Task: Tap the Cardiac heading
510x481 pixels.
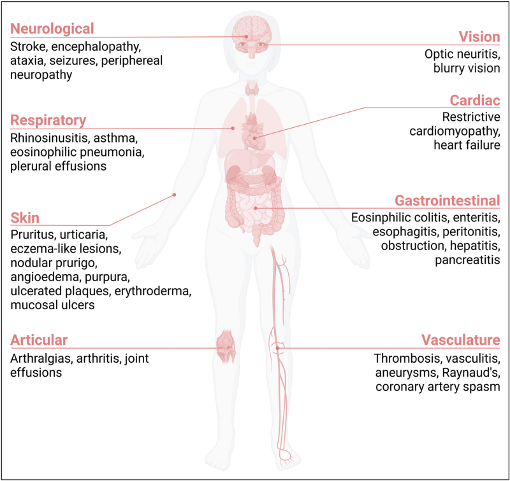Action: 475,101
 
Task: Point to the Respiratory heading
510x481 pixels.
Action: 48,120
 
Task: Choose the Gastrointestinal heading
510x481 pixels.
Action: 447,200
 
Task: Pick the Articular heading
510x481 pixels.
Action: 38,340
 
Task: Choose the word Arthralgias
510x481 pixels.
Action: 41,358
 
